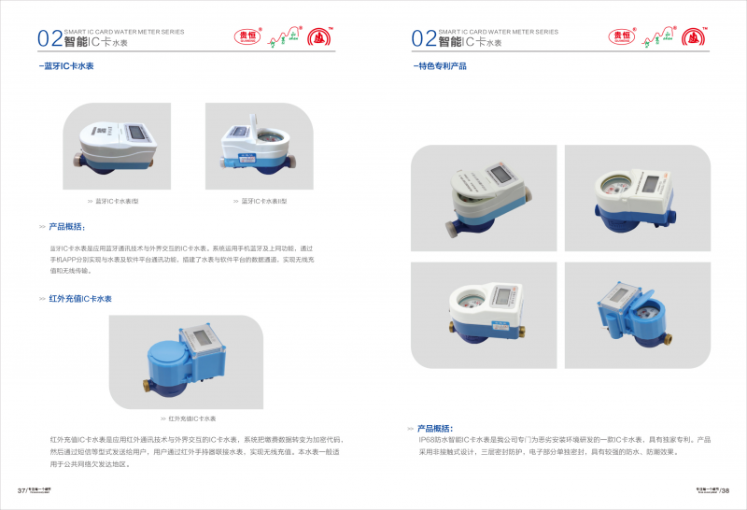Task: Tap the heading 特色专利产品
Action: coord(441,67)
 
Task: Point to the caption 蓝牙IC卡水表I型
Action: coord(117,201)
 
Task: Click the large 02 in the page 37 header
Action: coord(49,38)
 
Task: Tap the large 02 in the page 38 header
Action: coord(424,38)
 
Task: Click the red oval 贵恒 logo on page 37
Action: coord(245,37)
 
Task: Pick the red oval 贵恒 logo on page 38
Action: coord(620,37)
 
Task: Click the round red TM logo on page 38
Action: coord(694,37)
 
